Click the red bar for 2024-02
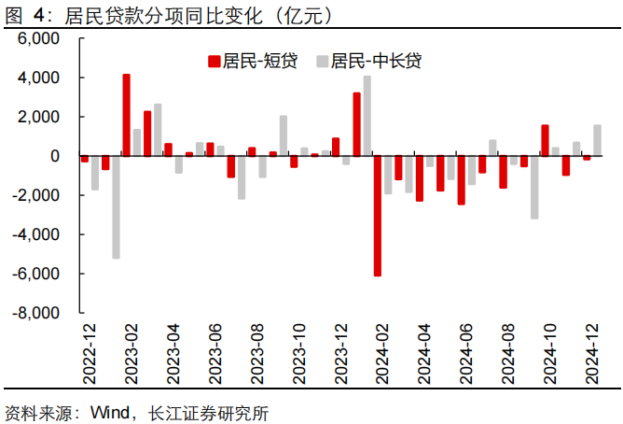coord(378,216)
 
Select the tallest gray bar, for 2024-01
coord(367,116)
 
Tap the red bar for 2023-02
coord(126,115)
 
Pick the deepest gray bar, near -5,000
coord(116,206)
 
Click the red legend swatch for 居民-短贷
coord(214,62)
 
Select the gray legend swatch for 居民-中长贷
coord(322,62)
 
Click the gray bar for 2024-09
coord(534,187)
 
